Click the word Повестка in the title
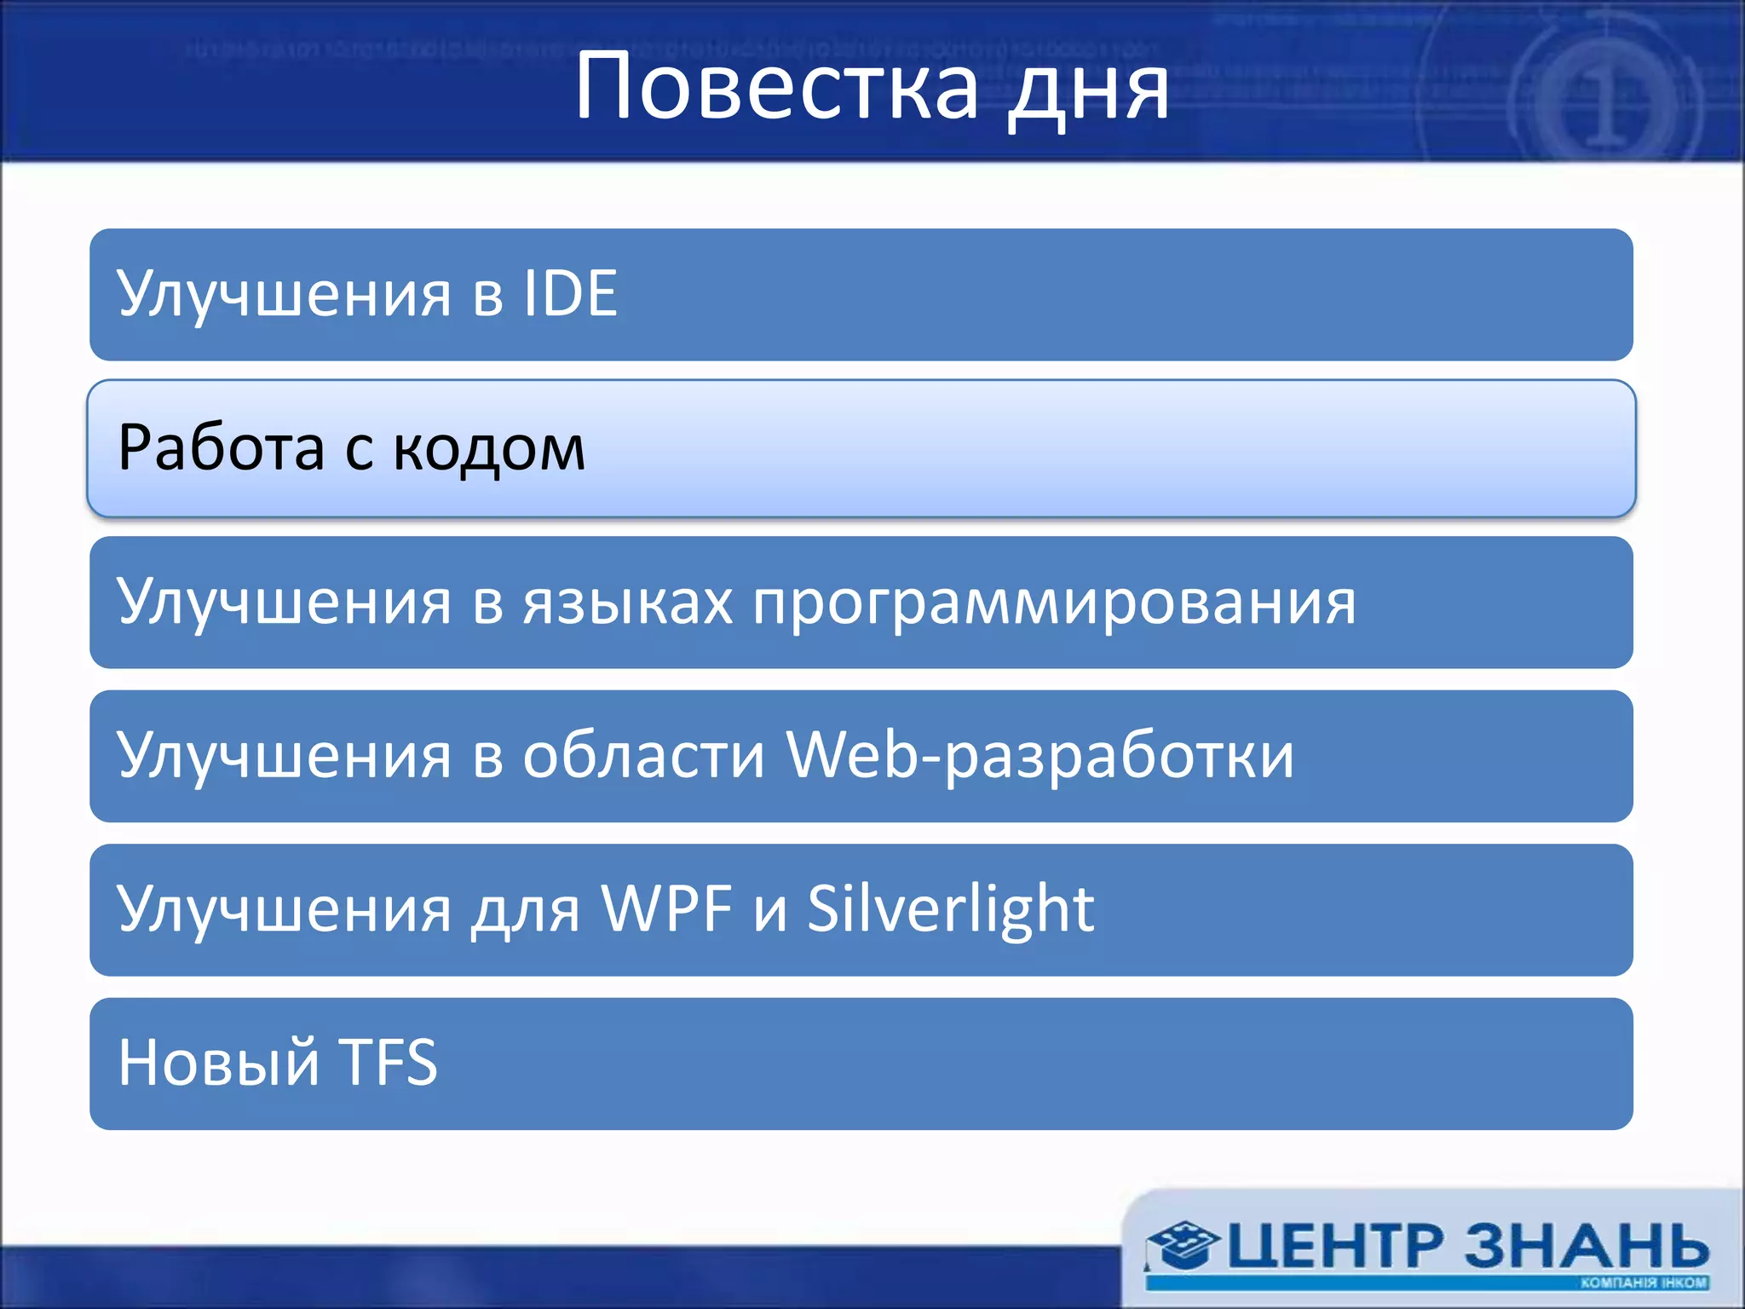[776, 87]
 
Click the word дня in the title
[1088, 89]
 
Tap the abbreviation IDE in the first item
[570, 294]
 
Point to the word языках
[627, 603]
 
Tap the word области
[643, 756]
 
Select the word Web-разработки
[1039, 756]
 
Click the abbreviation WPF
[667, 909]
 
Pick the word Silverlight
[950, 910]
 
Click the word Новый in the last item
[217, 1064]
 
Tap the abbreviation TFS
[389, 1064]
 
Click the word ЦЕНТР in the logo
[1335, 1247]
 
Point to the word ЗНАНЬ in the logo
[1587, 1247]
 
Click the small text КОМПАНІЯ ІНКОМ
[1644, 1283]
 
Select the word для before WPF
[525, 910]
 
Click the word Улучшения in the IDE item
[284, 294]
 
